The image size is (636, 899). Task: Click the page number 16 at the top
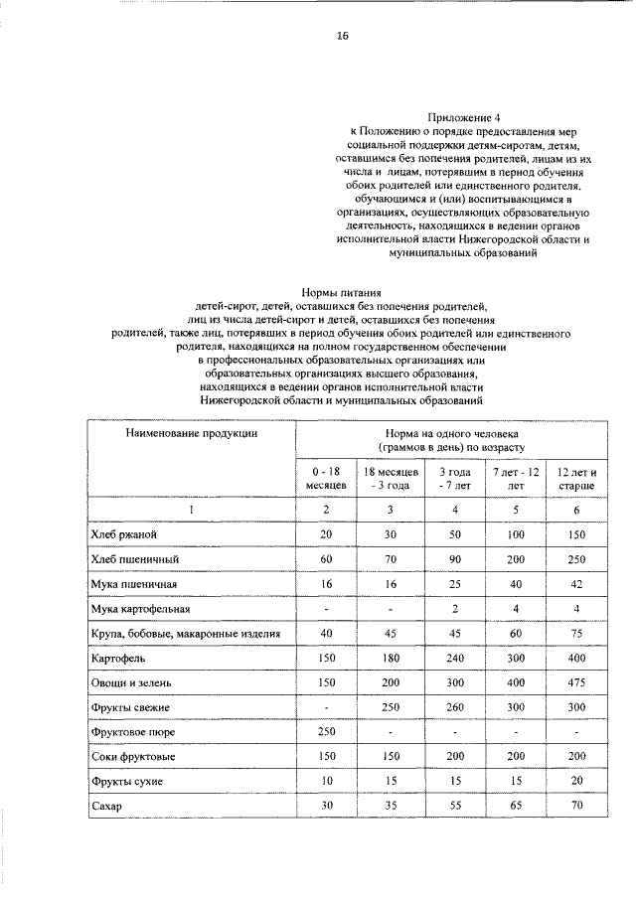342,36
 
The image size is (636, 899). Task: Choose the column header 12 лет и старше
576,479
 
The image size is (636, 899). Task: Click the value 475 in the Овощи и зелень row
576,682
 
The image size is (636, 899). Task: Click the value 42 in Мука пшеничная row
576,583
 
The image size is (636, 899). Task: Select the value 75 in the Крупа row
576,633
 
